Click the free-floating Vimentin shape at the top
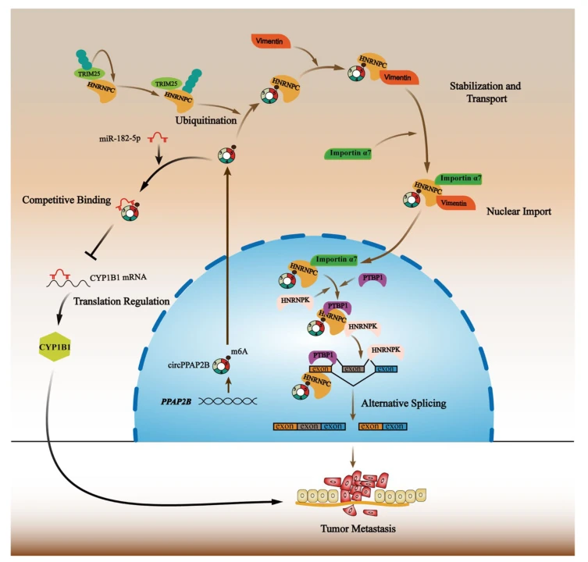(271, 41)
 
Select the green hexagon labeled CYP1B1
(55, 347)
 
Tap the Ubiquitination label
(206, 121)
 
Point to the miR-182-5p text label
(120, 139)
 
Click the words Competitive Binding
(66, 200)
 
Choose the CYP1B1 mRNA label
(118, 277)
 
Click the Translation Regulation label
(122, 301)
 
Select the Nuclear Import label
(519, 212)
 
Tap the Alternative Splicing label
(404, 404)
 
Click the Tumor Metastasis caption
(358, 528)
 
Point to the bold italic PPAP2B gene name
(176, 402)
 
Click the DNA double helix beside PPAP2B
(227, 401)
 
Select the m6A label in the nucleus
(239, 352)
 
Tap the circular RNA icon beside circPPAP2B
(221, 366)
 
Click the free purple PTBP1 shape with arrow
(372, 279)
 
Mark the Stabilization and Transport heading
(486, 92)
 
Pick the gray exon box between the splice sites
(352, 369)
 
